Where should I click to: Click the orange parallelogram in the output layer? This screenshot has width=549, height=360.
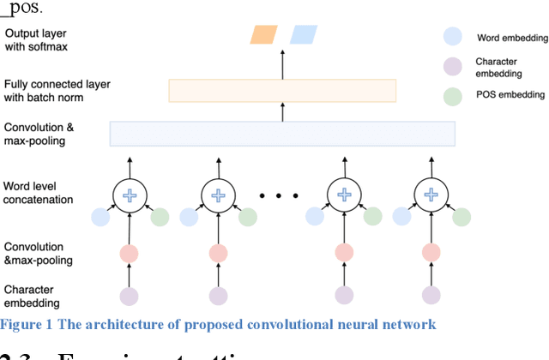tap(264, 34)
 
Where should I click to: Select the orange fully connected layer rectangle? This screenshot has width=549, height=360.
tap(282, 90)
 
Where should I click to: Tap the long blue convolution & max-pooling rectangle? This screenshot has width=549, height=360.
tap(282, 133)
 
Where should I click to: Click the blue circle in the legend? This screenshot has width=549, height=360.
tap(453, 37)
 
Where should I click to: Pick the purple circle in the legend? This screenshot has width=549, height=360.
tap(453, 67)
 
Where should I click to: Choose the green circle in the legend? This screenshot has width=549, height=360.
tap(453, 97)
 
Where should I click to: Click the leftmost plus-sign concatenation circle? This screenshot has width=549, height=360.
tap(130, 196)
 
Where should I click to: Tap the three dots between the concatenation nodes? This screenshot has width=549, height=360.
tap(280, 196)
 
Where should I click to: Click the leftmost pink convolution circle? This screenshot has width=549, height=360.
tap(130, 254)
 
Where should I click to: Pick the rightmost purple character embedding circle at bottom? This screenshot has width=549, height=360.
tap(430, 296)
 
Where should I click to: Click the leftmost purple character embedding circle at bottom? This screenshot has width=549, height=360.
tap(130, 296)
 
